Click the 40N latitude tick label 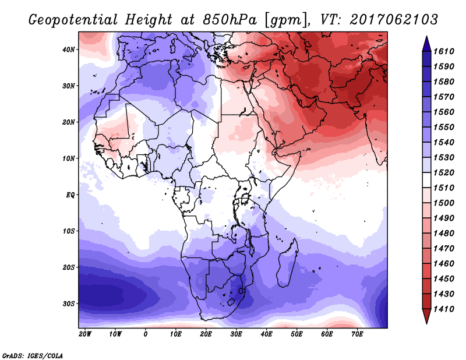click(x=69, y=50)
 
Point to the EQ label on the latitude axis click(x=70, y=195)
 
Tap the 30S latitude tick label click(x=69, y=303)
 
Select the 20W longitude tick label click(x=85, y=334)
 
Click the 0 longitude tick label click(x=145, y=334)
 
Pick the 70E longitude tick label click(x=357, y=334)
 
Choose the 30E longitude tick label click(x=236, y=334)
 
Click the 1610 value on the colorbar click(x=444, y=51)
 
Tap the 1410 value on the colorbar click(x=444, y=309)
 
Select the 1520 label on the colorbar click(x=444, y=172)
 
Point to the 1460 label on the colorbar click(x=444, y=264)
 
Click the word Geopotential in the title click(x=73, y=20)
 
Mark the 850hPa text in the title click(x=230, y=20)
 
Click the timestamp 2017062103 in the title click(x=394, y=19)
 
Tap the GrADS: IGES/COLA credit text click(x=33, y=355)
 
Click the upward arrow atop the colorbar click(x=426, y=44)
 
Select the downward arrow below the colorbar click(x=426, y=316)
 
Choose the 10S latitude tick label click(x=69, y=231)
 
